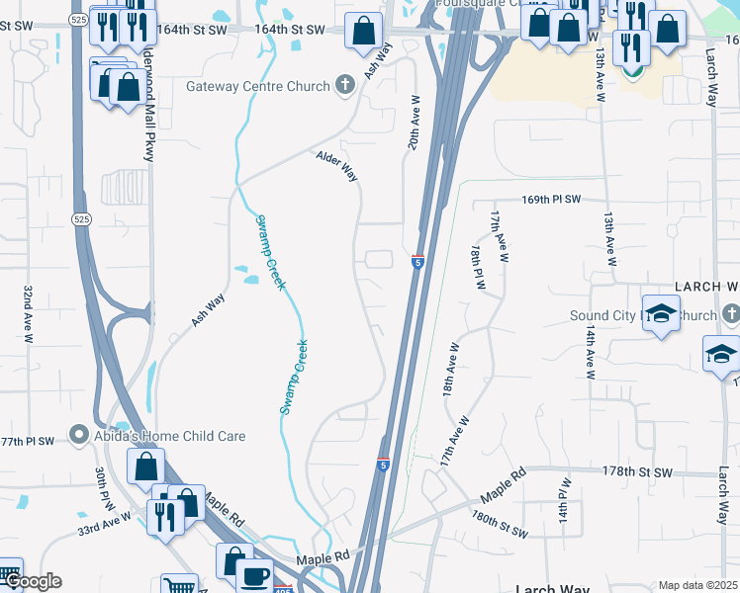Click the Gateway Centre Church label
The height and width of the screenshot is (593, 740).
click(257, 86)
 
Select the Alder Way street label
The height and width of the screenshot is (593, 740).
click(336, 166)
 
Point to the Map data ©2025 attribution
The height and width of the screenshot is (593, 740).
click(697, 585)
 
